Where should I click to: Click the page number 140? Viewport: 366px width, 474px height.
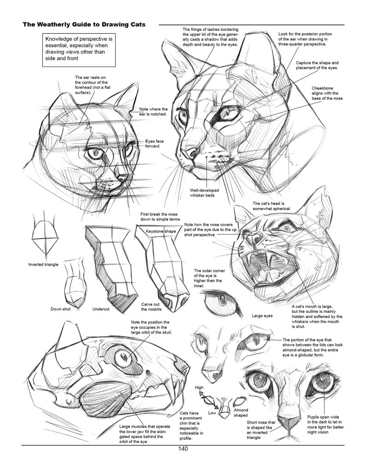coord(183,449)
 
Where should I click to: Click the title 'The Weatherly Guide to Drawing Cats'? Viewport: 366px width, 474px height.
coord(84,24)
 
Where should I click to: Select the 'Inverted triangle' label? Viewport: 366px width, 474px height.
coord(43,264)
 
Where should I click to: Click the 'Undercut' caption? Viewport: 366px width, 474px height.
coord(100,309)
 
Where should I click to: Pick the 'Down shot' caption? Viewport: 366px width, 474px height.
coord(60,309)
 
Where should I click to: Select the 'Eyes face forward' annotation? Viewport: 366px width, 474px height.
coord(152,143)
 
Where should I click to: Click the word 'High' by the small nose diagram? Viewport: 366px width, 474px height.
coord(199,387)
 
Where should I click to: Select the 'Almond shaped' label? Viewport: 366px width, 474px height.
coord(241,413)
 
